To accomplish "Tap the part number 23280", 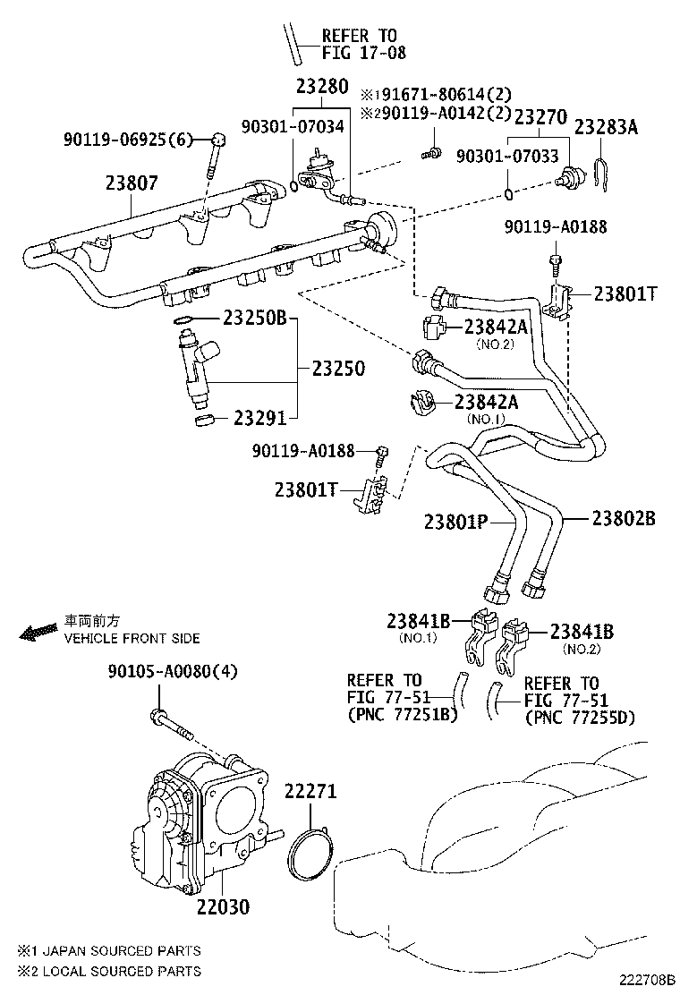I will pos(321,87).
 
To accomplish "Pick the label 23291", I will pos(260,417).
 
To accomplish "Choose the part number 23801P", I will pos(455,521).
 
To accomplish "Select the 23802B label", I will pos(624,518).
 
